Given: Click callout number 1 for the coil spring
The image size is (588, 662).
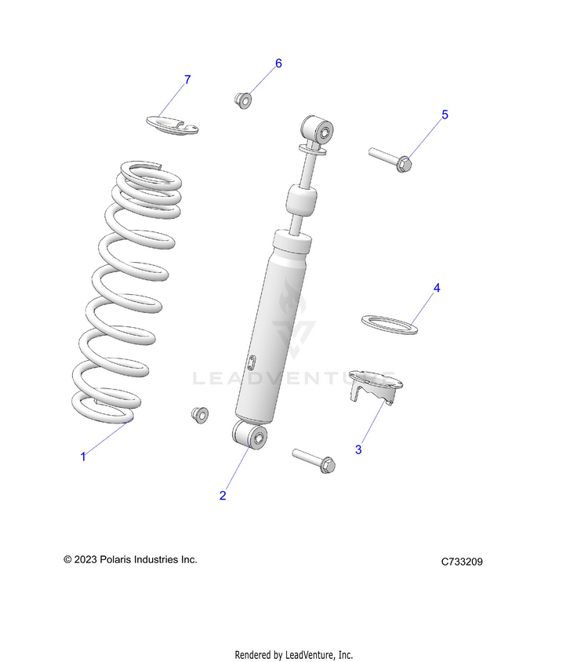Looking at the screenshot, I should tap(83, 456).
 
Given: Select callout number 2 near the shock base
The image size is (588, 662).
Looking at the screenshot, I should tap(223, 495).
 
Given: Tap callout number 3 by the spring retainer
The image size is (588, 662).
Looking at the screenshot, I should tap(358, 449).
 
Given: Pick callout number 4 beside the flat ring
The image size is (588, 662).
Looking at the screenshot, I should tap(437, 288).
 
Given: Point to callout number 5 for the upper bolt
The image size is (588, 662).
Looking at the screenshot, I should tap(445, 115).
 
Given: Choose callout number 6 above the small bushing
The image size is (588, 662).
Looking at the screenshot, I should tap(278, 64).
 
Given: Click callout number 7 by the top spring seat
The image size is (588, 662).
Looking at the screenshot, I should tap(187, 80).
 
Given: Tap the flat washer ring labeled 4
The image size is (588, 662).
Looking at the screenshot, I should tap(389, 323).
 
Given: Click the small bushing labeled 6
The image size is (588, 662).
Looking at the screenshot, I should tap(242, 100).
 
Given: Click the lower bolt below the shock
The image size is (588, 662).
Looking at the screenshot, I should tap(314, 460).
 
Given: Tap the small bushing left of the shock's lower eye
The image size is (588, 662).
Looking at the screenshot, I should tap(200, 414).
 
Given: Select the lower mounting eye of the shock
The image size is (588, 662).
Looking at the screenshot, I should tap(250, 435).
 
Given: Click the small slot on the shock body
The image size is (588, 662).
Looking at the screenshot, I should tap(252, 362).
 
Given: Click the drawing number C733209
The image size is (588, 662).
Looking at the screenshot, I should tap(467, 562).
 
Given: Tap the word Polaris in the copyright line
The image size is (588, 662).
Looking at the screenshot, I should tap(122, 559).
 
